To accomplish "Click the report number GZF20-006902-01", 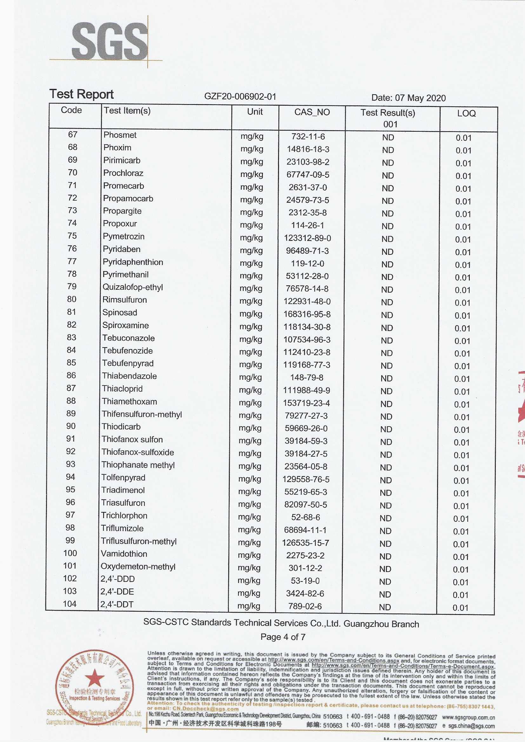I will coord(240,96).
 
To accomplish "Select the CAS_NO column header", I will coord(312,112).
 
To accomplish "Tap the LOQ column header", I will coord(466,113).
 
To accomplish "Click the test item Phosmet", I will coord(120,135).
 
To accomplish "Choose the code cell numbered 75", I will coord(72,236).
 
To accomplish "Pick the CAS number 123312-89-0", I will coord(308,238).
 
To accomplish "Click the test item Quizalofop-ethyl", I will coord(133,287).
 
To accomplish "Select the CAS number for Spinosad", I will coord(307,314).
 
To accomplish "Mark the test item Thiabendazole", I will coord(129,376).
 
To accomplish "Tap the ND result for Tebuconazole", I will coord(387,341).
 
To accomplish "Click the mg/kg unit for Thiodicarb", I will coord(250,428).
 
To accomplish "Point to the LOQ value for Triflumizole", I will coord(461,532).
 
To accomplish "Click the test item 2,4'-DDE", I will coord(117,592).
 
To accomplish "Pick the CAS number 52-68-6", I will coord(305,517).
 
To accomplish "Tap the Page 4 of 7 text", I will coord(283,637).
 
